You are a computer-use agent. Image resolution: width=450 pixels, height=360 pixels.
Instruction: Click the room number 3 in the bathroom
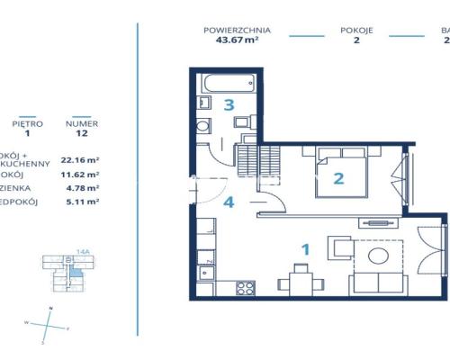(229, 105)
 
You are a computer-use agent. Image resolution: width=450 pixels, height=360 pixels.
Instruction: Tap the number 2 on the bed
(338, 177)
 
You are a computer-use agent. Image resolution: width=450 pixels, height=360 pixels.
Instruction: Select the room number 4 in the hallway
(229, 202)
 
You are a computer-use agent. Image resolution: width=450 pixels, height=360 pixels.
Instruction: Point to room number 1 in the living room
(304, 247)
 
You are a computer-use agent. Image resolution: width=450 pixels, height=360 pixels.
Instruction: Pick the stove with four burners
(245, 288)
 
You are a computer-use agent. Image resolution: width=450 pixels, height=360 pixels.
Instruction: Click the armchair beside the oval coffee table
(341, 247)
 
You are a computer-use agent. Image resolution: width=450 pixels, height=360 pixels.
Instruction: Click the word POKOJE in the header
(356, 30)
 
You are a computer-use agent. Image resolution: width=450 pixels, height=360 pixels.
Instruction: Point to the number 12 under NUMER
(82, 135)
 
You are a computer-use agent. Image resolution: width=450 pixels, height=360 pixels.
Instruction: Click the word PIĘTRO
(27, 124)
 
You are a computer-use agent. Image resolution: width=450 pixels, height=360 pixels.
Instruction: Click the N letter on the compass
(50, 308)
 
